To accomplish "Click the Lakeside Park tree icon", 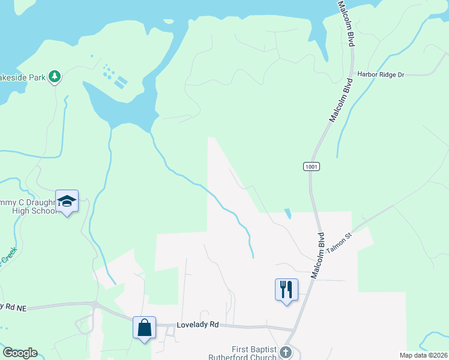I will point(55,77).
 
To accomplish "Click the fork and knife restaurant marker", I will point(286,289).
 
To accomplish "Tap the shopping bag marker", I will point(144,328).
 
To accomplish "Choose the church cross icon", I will point(286,352).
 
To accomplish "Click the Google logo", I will point(20,353).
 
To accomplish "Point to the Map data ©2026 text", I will point(423,355).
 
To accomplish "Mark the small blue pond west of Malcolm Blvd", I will point(288,214).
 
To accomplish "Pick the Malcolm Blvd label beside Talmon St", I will point(318,255).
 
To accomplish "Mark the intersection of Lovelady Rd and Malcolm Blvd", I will point(293,329).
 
